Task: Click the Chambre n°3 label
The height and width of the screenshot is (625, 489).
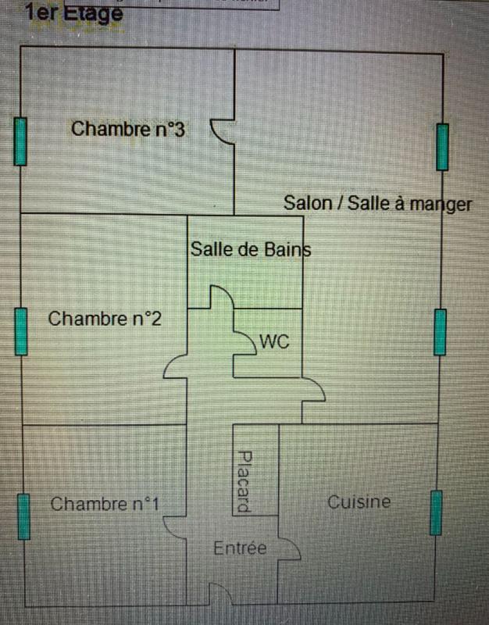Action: coord(127,129)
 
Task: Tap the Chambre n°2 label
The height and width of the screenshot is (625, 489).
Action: coord(105,319)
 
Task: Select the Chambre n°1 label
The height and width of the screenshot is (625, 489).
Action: coord(105,504)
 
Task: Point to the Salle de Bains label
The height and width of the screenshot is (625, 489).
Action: coord(250,250)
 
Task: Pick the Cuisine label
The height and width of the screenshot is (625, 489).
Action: coord(359,502)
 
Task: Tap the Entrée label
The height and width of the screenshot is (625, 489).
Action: coord(240,548)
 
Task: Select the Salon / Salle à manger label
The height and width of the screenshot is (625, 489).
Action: coord(378,204)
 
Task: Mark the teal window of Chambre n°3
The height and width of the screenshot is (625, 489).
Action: coord(20,141)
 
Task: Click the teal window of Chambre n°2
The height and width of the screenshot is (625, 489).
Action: coord(21,331)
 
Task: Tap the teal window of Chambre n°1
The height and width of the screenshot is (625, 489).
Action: coord(23,516)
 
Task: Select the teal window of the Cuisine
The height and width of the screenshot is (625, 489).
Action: coord(435,513)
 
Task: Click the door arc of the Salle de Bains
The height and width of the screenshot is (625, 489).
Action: coord(220,297)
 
